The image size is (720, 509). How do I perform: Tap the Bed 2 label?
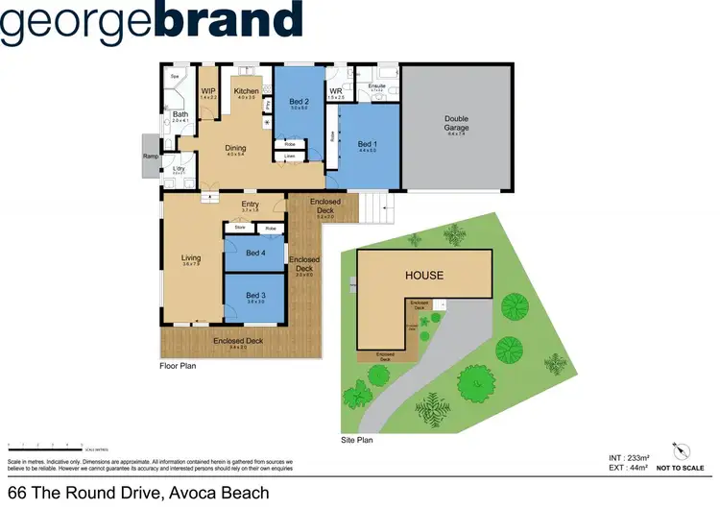300,102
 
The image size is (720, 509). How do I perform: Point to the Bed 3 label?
254,295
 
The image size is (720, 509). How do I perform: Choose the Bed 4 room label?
254,253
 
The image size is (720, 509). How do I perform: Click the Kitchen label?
246,91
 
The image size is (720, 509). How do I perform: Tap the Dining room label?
235,148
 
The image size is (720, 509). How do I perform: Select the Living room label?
191,256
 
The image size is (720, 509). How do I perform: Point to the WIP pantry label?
208,91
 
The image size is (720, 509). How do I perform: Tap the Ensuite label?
377,86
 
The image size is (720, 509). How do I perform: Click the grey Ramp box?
150,157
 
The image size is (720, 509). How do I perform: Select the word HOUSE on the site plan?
423,276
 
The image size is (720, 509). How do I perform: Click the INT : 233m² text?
629,457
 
